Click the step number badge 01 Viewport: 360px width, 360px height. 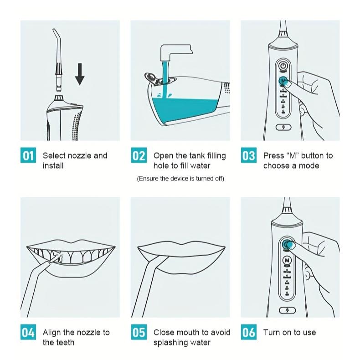click(x=28, y=155)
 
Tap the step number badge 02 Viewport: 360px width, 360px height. click(x=139, y=155)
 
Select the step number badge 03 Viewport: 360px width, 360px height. click(x=249, y=155)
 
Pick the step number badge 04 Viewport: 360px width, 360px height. click(x=28, y=332)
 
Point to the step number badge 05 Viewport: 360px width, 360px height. click(x=139, y=332)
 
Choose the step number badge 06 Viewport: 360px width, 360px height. click(x=249, y=332)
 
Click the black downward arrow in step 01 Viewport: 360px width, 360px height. click(x=80, y=74)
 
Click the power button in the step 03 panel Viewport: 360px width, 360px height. click(x=283, y=66)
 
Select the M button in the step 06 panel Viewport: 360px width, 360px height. click(x=287, y=260)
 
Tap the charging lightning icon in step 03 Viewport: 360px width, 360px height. click(x=283, y=127)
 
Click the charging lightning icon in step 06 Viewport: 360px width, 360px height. click(x=287, y=310)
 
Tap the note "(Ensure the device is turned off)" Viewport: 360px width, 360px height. click(x=180, y=179)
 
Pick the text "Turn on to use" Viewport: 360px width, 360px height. click(x=289, y=332)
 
